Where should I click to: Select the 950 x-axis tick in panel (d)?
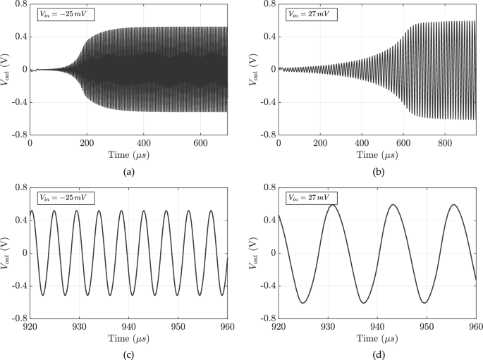tap(427, 326)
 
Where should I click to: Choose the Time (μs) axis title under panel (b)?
tap(377, 154)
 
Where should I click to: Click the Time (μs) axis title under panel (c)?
tap(129, 337)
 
